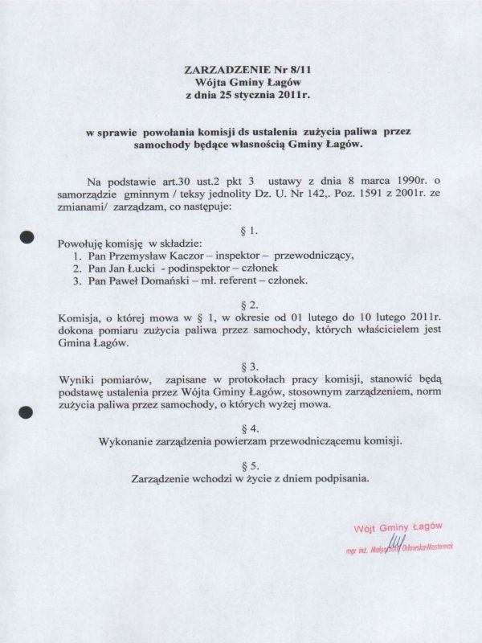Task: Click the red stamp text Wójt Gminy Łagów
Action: [399, 528]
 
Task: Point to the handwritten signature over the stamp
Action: [397, 545]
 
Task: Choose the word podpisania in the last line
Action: [334, 479]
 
